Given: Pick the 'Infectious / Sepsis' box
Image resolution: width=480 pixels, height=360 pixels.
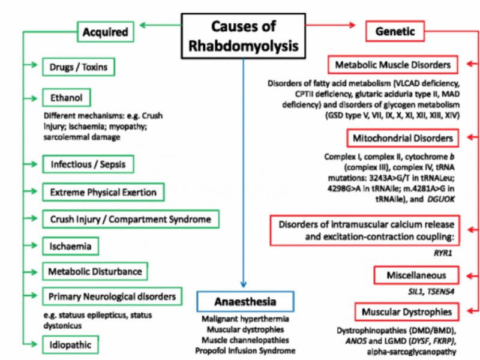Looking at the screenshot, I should click(x=88, y=163).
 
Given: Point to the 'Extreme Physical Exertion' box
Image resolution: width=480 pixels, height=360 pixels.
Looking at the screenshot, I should click(x=103, y=192).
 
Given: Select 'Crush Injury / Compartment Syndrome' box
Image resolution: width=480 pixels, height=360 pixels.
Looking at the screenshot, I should click(x=131, y=219).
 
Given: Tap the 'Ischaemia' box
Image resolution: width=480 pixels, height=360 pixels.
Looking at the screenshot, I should click(x=71, y=245).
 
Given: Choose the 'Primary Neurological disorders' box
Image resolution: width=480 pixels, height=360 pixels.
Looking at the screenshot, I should click(x=112, y=296).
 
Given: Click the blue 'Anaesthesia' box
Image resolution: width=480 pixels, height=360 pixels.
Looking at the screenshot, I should click(x=245, y=301).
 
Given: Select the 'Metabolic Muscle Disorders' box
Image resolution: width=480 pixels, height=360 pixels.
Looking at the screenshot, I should click(x=393, y=64).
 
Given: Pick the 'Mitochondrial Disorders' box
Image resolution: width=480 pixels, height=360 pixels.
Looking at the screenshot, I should click(x=403, y=138).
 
